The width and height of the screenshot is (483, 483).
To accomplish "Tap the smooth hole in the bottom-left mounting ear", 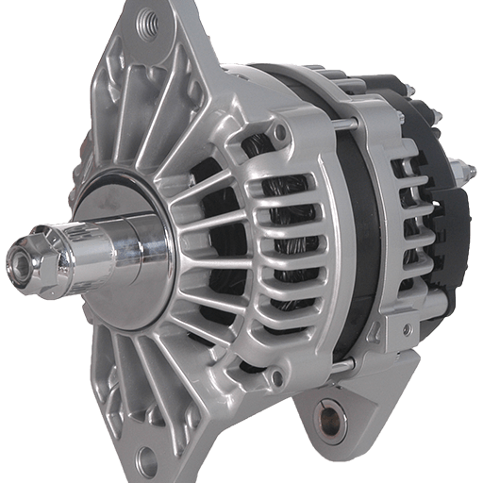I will (146, 459).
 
